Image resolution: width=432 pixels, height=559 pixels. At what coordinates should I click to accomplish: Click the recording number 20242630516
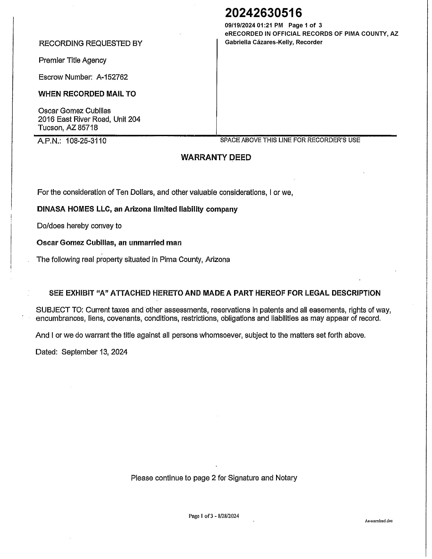tap(263, 13)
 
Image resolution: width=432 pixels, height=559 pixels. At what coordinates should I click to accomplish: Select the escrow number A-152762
tap(112, 77)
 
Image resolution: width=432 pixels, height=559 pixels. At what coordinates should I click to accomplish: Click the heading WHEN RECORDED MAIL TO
tap(87, 94)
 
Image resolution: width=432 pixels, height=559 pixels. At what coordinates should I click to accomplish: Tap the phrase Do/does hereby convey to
tap(79, 226)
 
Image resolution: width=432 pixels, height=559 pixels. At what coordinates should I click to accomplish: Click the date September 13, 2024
tap(94, 352)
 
